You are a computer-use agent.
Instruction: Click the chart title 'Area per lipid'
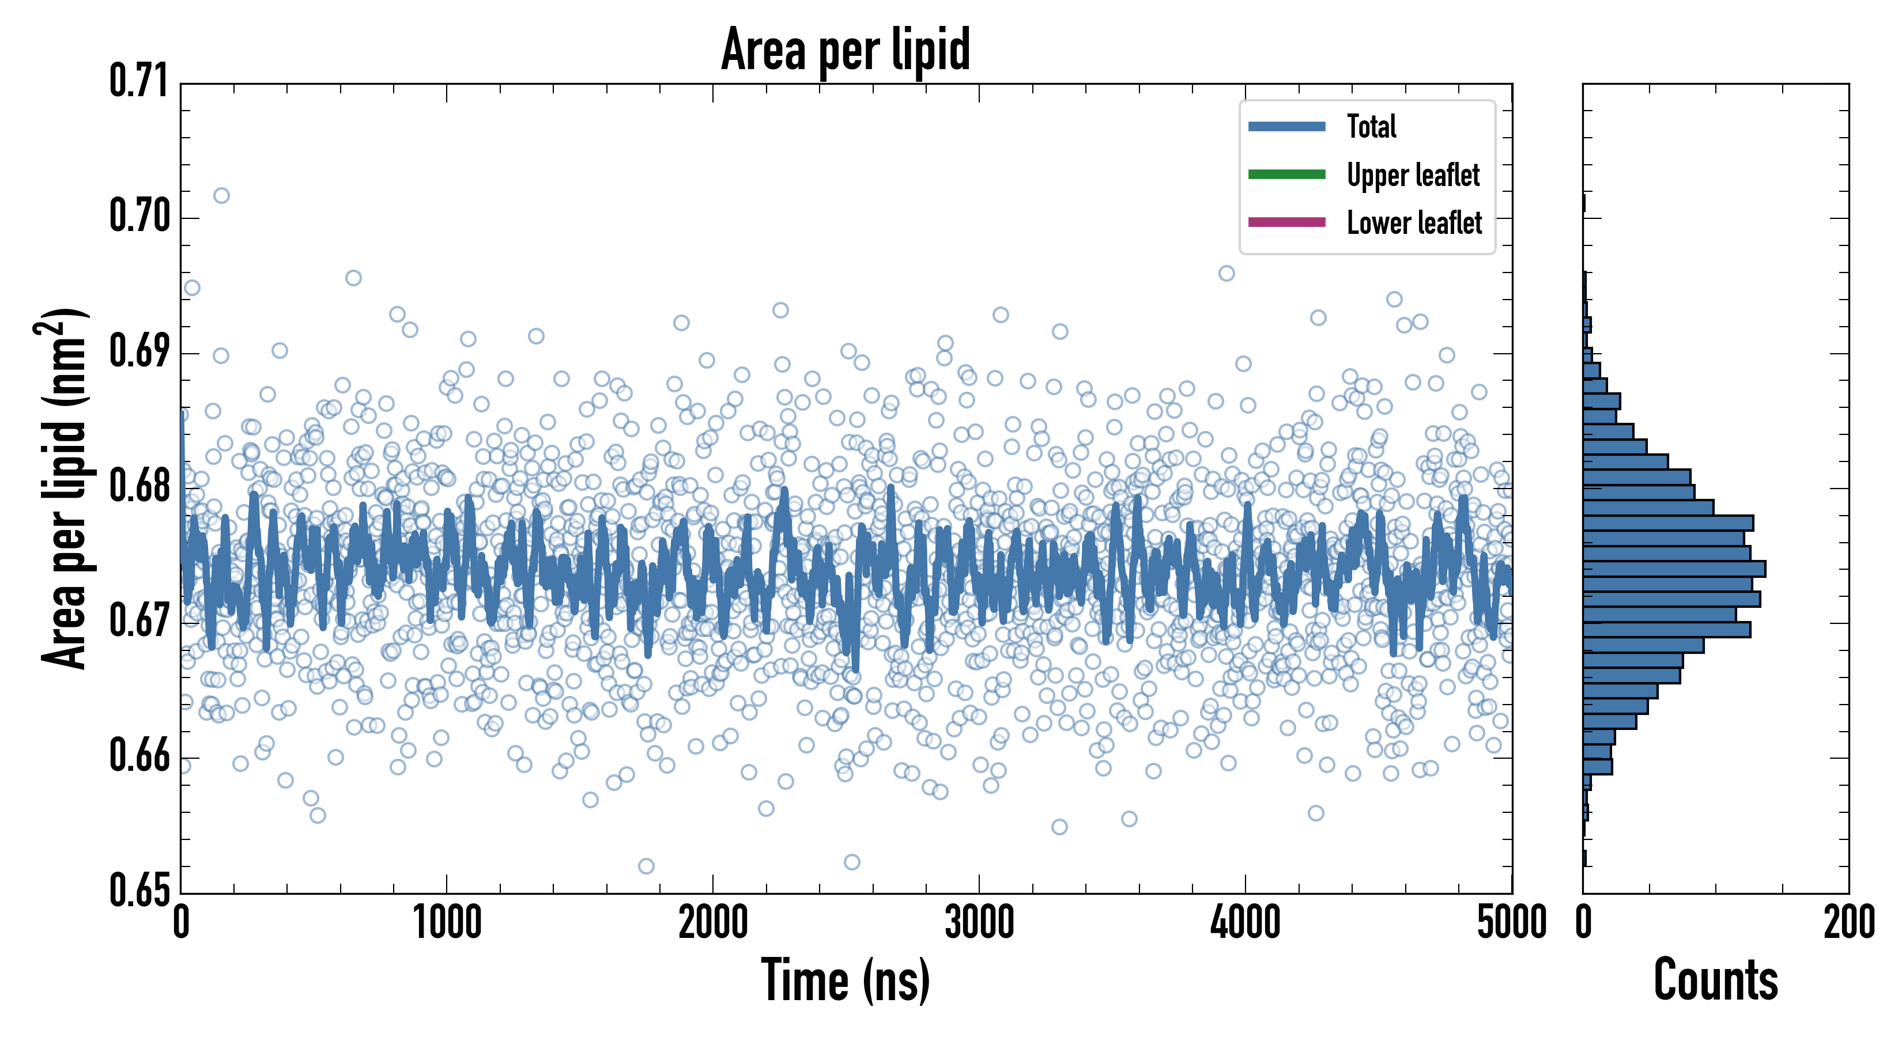coord(846,50)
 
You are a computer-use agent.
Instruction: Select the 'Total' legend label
coord(1371,126)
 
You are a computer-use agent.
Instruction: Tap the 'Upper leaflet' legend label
coord(1413,175)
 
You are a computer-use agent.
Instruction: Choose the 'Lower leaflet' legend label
coord(1414,223)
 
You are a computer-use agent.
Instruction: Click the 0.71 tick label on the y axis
coord(139,81)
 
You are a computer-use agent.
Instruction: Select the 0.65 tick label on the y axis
coord(139,890)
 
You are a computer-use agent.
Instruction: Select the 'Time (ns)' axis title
coord(846,980)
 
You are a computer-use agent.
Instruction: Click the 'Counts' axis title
coord(1715,980)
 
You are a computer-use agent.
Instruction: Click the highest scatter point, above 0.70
coord(221,196)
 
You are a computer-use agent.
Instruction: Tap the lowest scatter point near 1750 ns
coord(646,866)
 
